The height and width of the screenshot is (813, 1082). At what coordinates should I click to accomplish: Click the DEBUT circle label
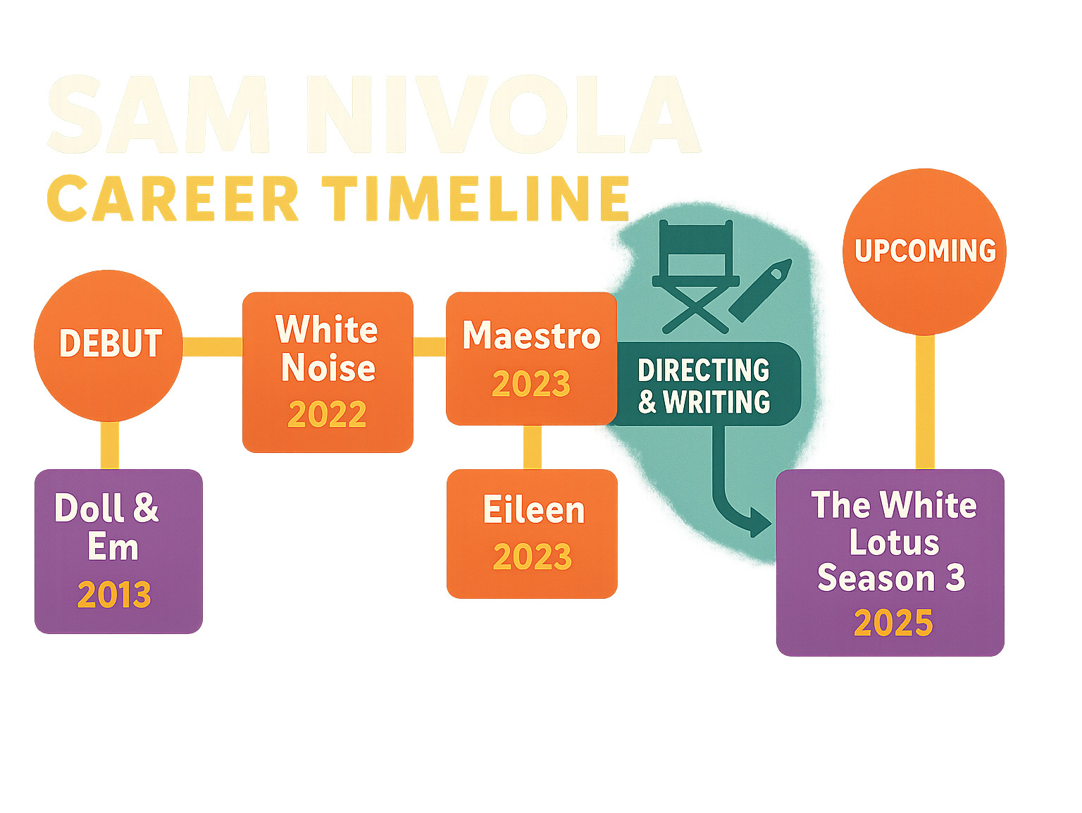tap(111, 343)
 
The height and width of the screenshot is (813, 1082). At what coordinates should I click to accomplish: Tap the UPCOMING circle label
tap(925, 251)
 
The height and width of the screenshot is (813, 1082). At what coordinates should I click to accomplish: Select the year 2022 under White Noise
tap(327, 414)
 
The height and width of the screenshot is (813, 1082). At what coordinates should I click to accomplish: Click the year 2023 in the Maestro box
tap(531, 384)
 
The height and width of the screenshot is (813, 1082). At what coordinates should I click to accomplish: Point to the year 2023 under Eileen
tap(533, 557)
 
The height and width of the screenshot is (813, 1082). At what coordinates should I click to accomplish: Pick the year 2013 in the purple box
tap(114, 595)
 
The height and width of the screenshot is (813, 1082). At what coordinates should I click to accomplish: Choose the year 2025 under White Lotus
tap(893, 623)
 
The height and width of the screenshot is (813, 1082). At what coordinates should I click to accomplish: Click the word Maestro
tap(531, 336)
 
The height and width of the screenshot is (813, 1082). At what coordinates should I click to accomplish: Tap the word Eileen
tap(533, 509)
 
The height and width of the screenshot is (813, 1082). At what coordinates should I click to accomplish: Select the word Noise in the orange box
tap(328, 368)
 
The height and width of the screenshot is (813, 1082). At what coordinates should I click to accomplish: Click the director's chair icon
tap(695, 276)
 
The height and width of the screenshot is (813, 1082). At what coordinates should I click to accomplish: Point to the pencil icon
tap(760, 290)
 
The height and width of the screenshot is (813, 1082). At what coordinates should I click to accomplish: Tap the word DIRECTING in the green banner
tap(703, 370)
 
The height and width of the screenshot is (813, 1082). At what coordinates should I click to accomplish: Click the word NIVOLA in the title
tap(503, 114)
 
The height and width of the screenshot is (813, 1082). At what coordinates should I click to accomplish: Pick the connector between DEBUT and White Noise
tap(213, 347)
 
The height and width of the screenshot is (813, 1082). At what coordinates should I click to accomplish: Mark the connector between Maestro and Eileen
tap(532, 447)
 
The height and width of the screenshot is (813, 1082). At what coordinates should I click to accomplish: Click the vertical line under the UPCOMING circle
tap(925, 402)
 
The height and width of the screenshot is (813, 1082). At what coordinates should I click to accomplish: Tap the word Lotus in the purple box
tap(894, 542)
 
